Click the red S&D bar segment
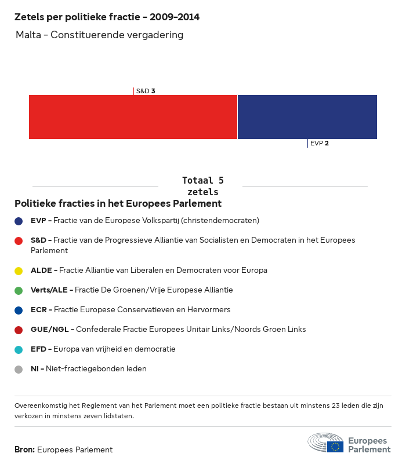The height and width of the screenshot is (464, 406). (133, 117)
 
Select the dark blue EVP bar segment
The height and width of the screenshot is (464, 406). (307, 117)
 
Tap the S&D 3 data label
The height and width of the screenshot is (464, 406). (145, 91)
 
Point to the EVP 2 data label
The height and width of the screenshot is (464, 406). (319, 143)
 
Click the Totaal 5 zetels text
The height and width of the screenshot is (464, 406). (202, 186)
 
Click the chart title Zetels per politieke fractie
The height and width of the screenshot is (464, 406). (107, 17)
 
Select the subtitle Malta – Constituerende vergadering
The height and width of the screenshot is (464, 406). (99, 35)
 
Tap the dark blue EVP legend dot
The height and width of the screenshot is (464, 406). (19, 221)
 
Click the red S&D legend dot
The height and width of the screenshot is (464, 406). (19, 240)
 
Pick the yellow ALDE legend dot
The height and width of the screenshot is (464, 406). (19, 271)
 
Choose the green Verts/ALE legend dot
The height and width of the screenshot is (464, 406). (19, 290)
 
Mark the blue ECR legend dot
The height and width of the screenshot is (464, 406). (19, 310)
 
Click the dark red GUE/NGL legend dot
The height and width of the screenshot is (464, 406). (19, 330)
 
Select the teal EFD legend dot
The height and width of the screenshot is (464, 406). (19, 349)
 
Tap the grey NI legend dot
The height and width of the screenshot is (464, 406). (19, 369)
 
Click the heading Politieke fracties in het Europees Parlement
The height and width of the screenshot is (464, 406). (118, 204)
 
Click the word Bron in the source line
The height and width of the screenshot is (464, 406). (24, 450)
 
